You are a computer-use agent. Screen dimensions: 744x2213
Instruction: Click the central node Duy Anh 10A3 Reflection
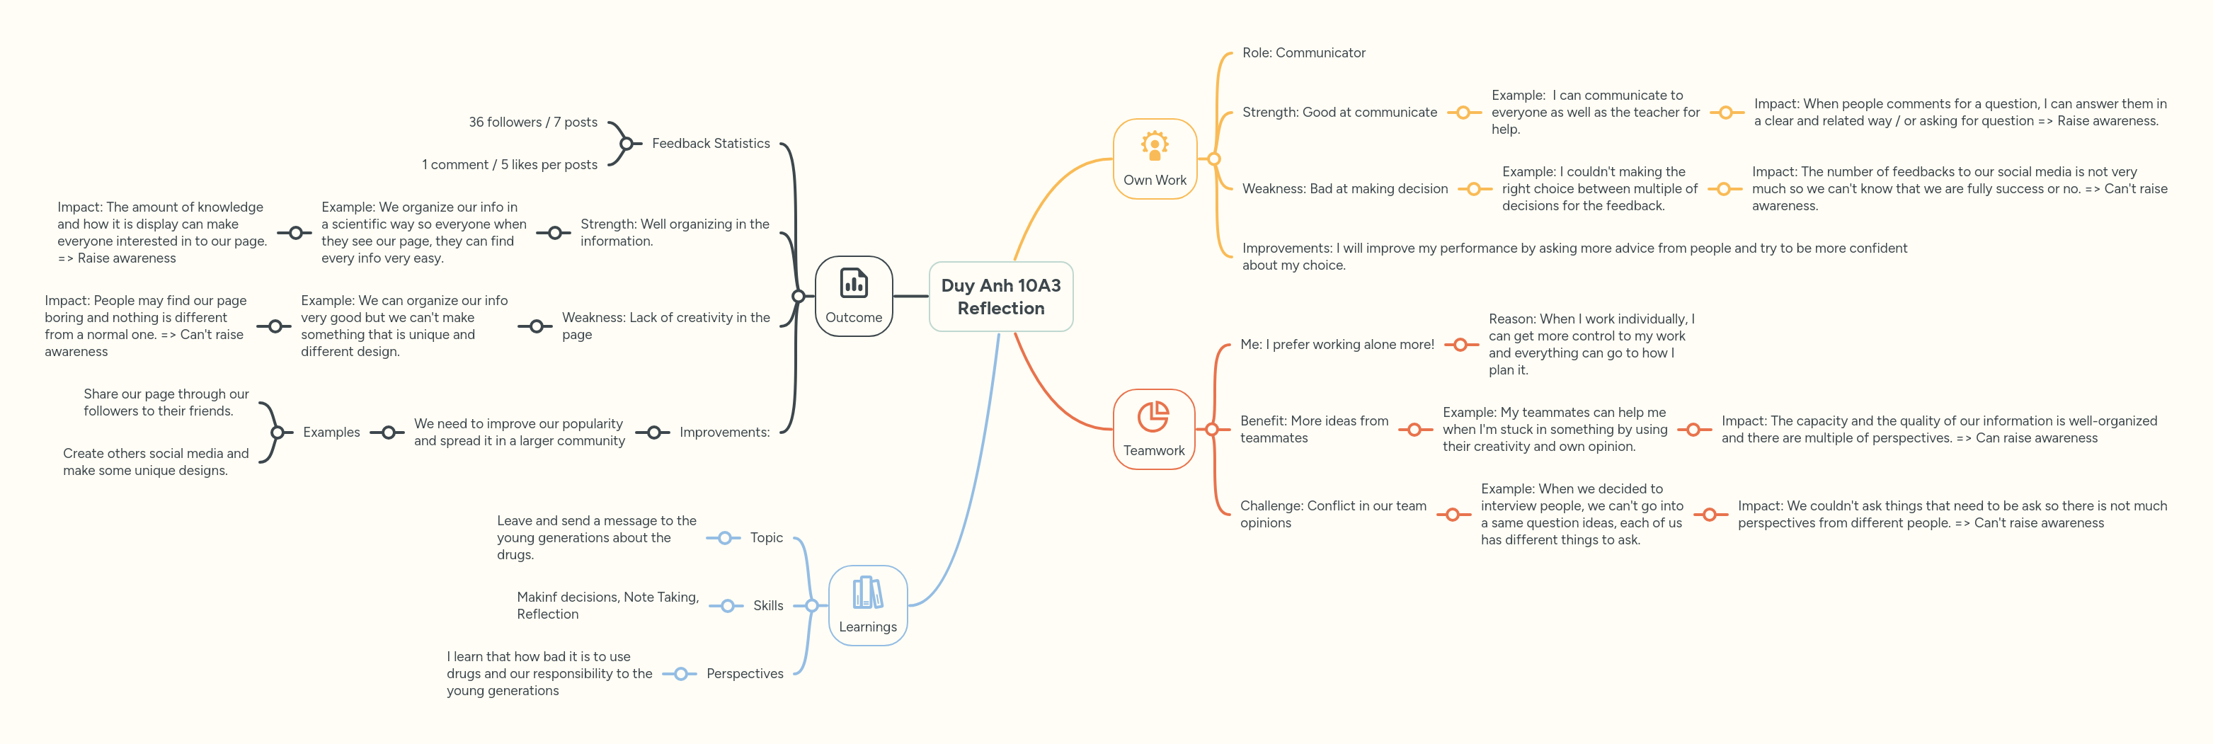pyautogui.click(x=1001, y=297)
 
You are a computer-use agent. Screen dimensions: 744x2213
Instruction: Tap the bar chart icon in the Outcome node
pyautogui.click(x=853, y=282)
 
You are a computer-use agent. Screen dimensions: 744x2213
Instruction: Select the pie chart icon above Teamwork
pyautogui.click(x=1153, y=417)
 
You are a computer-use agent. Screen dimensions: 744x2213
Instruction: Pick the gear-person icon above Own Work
pyautogui.click(x=1155, y=146)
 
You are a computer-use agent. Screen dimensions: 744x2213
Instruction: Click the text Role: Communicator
pyautogui.click(x=1303, y=53)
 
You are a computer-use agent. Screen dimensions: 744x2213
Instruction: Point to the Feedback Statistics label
pyautogui.click(x=711, y=144)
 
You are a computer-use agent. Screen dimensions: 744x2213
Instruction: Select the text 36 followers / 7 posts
pyautogui.click(x=532, y=122)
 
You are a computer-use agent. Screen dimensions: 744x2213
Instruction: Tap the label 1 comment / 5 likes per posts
pyautogui.click(x=510, y=165)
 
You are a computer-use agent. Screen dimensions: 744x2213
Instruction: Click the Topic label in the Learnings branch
pyautogui.click(x=766, y=538)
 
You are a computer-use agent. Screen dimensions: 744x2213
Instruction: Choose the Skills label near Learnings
pyautogui.click(x=768, y=606)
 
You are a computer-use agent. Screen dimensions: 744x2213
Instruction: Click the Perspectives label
pyautogui.click(x=745, y=673)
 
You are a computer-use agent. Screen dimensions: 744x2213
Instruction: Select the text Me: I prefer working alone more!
pyautogui.click(x=1337, y=345)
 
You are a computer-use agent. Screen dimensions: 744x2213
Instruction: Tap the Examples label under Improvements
pyautogui.click(x=331, y=432)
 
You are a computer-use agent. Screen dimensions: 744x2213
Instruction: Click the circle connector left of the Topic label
pyautogui.click(x=724, y=538)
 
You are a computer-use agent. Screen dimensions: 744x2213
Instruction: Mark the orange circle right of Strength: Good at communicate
pyautogui.click(x=1463, y=113)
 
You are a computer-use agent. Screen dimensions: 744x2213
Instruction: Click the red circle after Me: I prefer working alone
pyautogui.click(x=1460, y=345)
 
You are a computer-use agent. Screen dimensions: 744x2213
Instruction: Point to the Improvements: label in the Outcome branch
pyautogui.click(x=724, y=432)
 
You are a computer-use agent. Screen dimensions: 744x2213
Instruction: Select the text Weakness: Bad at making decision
pyautogui.click(x=1344, y=189)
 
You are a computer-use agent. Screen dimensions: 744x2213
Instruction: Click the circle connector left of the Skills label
pyautogui.click(x=727, y=606)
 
